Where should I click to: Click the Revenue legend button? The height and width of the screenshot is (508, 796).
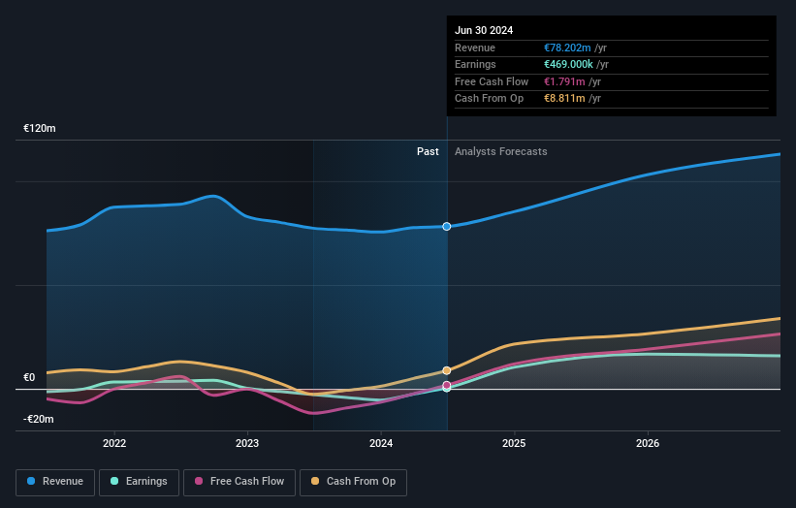click(x=55, y=481)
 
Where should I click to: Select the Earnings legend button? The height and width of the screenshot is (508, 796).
click(x=140, y=481)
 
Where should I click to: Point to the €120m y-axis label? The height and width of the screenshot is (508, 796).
click(x=40, y=128)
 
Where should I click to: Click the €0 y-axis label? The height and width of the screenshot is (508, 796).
click(x=29, y=378)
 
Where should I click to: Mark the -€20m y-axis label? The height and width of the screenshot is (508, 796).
click(x=40, y=419)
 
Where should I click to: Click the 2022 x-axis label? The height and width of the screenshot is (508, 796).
click(x=114, y=443)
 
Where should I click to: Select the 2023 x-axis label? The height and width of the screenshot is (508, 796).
click(x=247, y=443)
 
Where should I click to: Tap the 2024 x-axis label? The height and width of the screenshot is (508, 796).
click(x=381, y=443)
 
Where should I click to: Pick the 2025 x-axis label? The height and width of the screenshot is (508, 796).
click(x=514, y=443)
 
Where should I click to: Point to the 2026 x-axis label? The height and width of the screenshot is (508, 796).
click(x=648, y=443)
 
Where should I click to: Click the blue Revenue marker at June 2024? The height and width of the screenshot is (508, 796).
click(x=447, y=226)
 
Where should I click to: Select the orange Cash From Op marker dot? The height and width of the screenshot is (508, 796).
click(x=447, y=370)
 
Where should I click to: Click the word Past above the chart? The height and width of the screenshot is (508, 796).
click(x=428, y=151)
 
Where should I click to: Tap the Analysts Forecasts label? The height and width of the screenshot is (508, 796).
click(x=500, y=151)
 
